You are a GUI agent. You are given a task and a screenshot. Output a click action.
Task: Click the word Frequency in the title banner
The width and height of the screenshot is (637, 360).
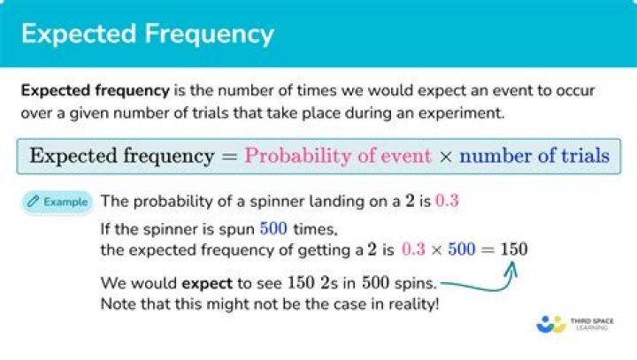tap(209, 35)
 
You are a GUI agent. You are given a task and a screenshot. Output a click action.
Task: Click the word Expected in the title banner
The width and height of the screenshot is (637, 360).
tap(79, 35)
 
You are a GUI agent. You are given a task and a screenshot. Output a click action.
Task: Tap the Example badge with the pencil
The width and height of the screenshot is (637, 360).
tap(58, 202)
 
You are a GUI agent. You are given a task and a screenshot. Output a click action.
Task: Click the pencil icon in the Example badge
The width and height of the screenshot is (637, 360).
tap(34, 201)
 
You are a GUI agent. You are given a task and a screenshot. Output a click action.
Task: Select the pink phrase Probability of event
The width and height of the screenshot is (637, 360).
tap(337, 156)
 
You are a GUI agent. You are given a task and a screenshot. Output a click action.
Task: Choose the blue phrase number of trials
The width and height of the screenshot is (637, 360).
tap(534, 156)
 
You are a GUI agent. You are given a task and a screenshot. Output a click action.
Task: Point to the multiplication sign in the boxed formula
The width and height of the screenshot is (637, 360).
tap(445, 157)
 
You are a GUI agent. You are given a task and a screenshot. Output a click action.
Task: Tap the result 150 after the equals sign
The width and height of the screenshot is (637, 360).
tap(514, 249)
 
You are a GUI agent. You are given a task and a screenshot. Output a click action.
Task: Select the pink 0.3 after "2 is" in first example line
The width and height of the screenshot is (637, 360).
tap(447, 200)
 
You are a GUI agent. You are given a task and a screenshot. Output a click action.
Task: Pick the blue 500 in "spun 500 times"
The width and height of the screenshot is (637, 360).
tap(273, 229)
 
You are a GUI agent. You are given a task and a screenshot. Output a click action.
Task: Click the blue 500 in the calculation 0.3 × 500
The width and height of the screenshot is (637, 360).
tap(462, 249)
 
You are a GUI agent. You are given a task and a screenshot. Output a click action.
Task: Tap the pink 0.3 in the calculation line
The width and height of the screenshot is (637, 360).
tap(413, 249)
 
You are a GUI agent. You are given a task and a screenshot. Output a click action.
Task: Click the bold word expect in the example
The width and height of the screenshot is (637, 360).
tap(207, 284)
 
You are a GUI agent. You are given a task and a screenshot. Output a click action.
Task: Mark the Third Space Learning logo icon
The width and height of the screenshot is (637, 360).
tap(551, 325)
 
